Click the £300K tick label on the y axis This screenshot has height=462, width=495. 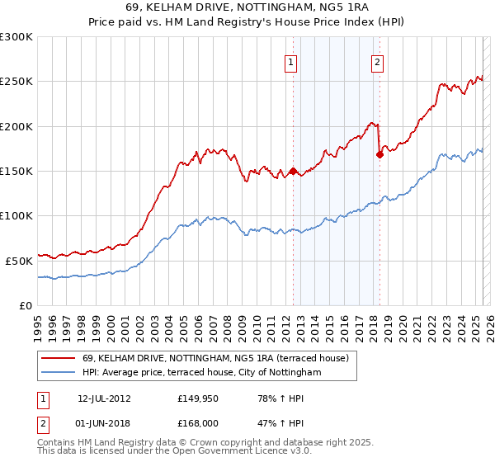pos(16,37)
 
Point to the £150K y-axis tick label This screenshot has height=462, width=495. pos(16,171)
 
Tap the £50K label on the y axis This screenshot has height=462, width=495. pos(19,260)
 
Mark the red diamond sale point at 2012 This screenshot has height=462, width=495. pos(293,172)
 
